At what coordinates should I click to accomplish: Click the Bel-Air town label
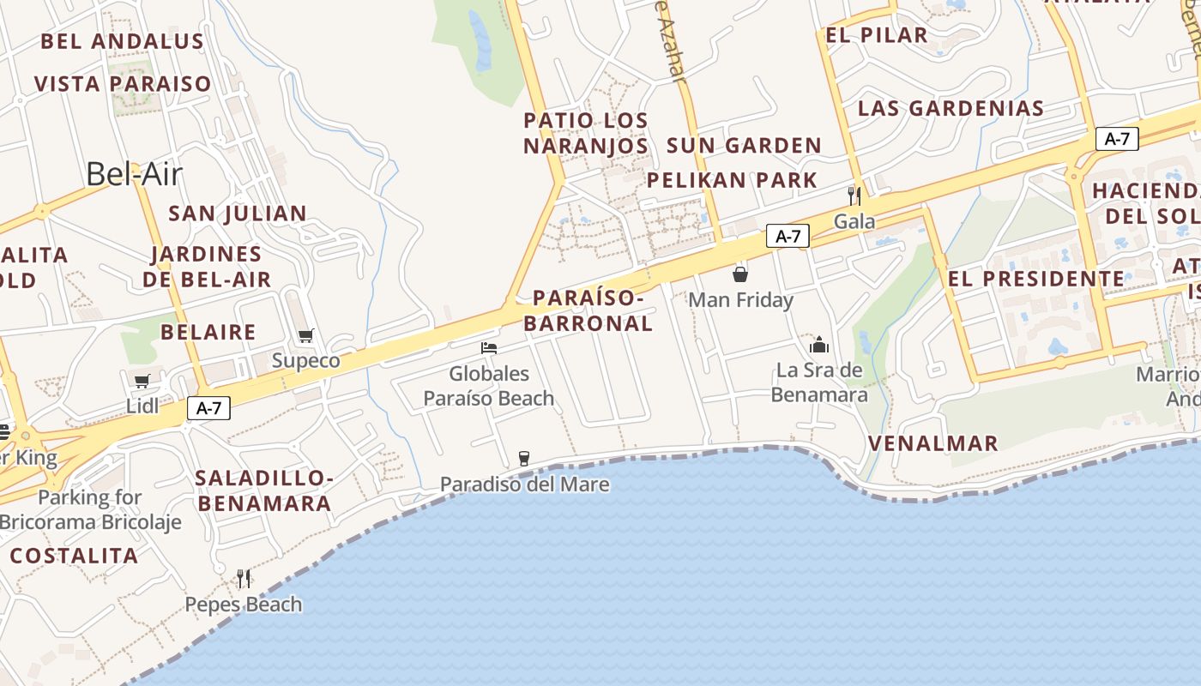pyautogui.click(x=134, y=174)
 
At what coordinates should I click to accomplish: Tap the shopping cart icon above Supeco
pyautogui.click(x=306, y=336)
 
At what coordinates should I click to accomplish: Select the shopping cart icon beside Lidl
pyautogui.click(x=142, y=382)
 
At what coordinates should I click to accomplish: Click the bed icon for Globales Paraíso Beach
pyautogui.click(x=489, y=348)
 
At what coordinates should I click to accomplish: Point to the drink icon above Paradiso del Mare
pyautogui.click(x=524, y=459)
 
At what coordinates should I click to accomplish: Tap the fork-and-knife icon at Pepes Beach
pyautogui.click(x=244, y=579)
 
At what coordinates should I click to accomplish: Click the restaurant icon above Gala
pyautogui.click(x=854, y=196)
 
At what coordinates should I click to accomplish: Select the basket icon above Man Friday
pyautogui.click(x=740, y=275)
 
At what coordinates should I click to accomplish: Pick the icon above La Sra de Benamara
pyautogui.click(x=819, y=345)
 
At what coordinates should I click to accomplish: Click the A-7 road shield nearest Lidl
pyautogui.click(x=208, y=409)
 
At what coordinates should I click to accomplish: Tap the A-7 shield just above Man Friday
pyautogui.click(x=788, y=237)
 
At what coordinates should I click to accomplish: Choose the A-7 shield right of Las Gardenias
pyautogui.click(x=1117, y=139)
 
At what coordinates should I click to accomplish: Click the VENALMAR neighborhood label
pyautogui.click(x=933, y=443)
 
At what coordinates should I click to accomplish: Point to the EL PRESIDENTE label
pyautogui.click(x=1035, y=279)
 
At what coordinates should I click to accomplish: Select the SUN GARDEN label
pyautogui.click(x=744, y=146)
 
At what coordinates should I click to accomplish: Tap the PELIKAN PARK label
pyautogui.click(x=732, y=180)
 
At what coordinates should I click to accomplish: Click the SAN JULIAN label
pyautogui.click(x=238, y=214)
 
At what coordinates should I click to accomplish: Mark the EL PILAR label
pyautogui.click(x=877, y=35)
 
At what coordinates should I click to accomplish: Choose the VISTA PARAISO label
pyautogui.click(x=123, y=84)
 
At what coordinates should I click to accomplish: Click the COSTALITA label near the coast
pyautogui.click(x=75, y=556)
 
